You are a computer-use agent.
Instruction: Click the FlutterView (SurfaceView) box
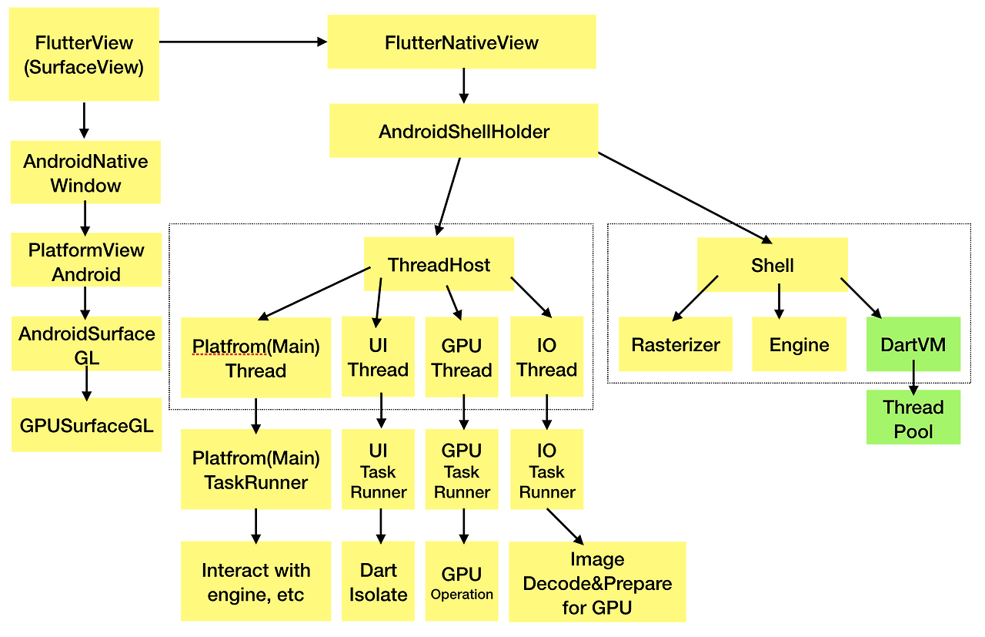point(84,55)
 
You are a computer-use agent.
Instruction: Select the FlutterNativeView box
point(461,42)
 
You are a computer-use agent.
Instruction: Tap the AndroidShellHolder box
point(463,131)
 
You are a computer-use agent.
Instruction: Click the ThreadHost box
point(439,264)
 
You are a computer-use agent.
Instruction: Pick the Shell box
point(772,264)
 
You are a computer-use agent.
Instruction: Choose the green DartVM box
point(913,344)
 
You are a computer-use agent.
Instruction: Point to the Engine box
point(799,344)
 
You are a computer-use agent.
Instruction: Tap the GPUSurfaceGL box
point(86,424)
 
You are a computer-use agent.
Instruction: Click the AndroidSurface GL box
point(86,345)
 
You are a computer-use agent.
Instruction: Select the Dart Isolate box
point(378,582)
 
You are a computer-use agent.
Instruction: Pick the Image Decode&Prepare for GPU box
point(596,582)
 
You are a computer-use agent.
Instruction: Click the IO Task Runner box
point(546,470)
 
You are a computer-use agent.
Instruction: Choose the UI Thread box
point(378,357)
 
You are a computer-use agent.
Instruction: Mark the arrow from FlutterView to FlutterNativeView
point(242,42)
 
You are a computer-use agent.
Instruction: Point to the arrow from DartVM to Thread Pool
point(913,381)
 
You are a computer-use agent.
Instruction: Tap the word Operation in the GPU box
point(462,595)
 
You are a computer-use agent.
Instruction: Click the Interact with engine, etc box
point(255,582)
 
